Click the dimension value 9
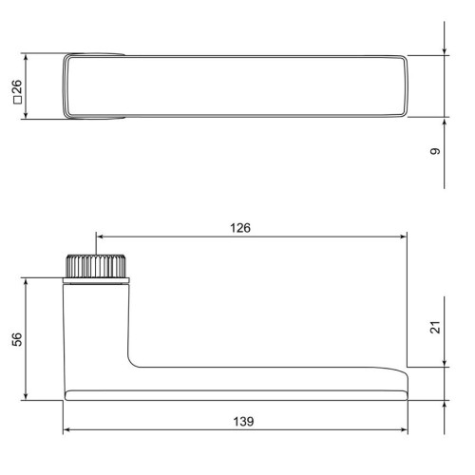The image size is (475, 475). (435, 151)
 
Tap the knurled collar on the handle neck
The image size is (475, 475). (95, 266)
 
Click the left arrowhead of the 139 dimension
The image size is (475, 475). (67, 430)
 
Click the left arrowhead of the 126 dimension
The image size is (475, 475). (99, 238)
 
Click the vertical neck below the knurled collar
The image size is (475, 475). (95, 323)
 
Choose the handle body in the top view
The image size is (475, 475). (237, 86)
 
